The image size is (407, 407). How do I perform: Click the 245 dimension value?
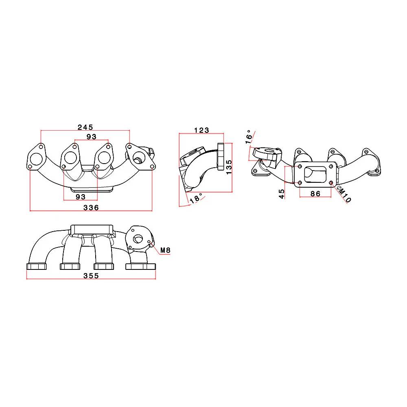[85, 127]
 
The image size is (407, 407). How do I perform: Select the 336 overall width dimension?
[91, 207]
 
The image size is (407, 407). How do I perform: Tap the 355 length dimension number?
[91, 276]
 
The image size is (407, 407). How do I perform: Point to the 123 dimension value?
[201, 130]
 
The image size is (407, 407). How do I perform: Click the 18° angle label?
[196, 198]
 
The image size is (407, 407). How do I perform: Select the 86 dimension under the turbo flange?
[315, 194]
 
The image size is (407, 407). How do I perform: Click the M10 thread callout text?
[344, 194]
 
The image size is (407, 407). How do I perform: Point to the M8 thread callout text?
[165, 250]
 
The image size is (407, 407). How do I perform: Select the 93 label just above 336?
[81, 197]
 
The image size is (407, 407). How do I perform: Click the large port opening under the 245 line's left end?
[36, 158]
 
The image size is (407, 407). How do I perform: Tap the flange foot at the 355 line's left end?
[36, 267]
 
